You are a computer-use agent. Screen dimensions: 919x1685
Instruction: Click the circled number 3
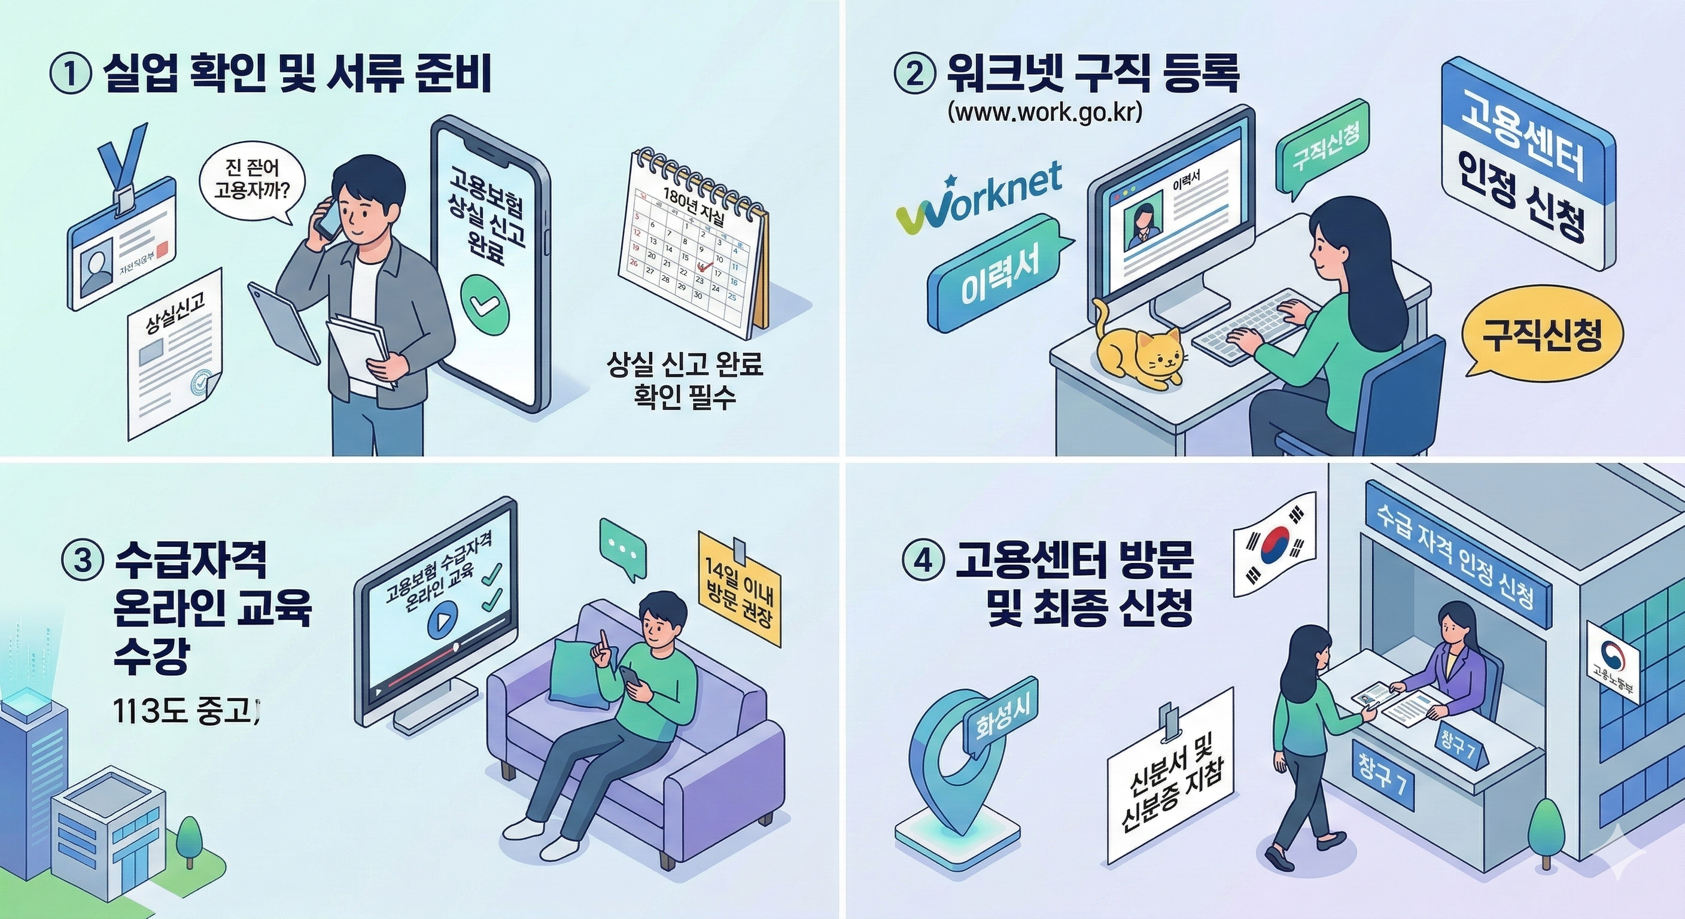tap(82, 561)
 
